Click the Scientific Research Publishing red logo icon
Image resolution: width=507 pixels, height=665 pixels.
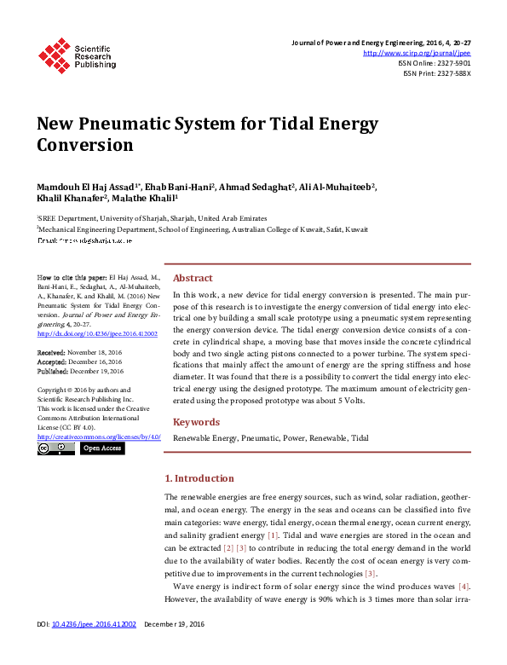click(x=54, y=55)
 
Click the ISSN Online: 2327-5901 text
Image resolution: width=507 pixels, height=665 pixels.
click(x=435, y=63)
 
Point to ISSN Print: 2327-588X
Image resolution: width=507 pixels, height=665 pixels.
click(x=436, y=73)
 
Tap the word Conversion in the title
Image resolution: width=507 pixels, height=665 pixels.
click(x=85, y=145)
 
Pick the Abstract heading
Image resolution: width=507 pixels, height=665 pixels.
click(x=193, y=278)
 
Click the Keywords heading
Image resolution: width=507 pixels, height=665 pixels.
click(x=197, y=422)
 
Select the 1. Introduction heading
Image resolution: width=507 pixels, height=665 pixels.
click(x=199, y=478)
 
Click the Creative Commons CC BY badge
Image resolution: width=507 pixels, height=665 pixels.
click(x=56, y=448)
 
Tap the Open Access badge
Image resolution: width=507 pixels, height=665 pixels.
click(x=101, y=448)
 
